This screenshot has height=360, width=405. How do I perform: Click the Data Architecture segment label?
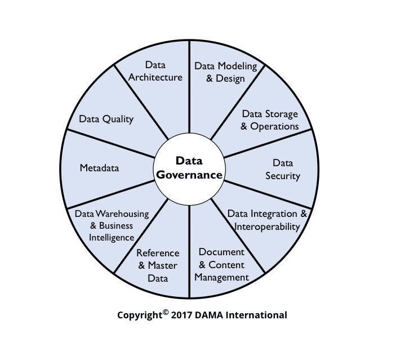point(155,71)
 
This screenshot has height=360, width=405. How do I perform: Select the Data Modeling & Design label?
point(225,72)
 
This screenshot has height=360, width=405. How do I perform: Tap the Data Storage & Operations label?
point(270,120)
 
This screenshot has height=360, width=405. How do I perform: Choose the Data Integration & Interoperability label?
point(268,220)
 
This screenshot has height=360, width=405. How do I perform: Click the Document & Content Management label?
point(221,265)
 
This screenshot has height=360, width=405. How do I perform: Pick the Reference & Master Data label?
point(158,265)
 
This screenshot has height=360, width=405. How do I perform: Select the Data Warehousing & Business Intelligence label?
point(112,225)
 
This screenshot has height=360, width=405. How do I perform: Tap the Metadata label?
point(99,168)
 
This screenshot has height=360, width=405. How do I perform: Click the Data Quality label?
point(106,119)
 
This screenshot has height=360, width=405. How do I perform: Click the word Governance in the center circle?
point(189,175)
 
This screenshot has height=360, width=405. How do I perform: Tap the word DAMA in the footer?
point(210,315)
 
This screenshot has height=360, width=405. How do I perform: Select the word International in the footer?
point(256,315)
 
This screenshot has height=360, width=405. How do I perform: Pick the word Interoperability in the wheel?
point(268,226)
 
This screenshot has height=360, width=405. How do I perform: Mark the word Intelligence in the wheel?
point(112,238)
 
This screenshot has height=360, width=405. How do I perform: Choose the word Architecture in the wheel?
point(155,77)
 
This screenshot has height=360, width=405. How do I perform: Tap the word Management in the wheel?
point(221,277)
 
